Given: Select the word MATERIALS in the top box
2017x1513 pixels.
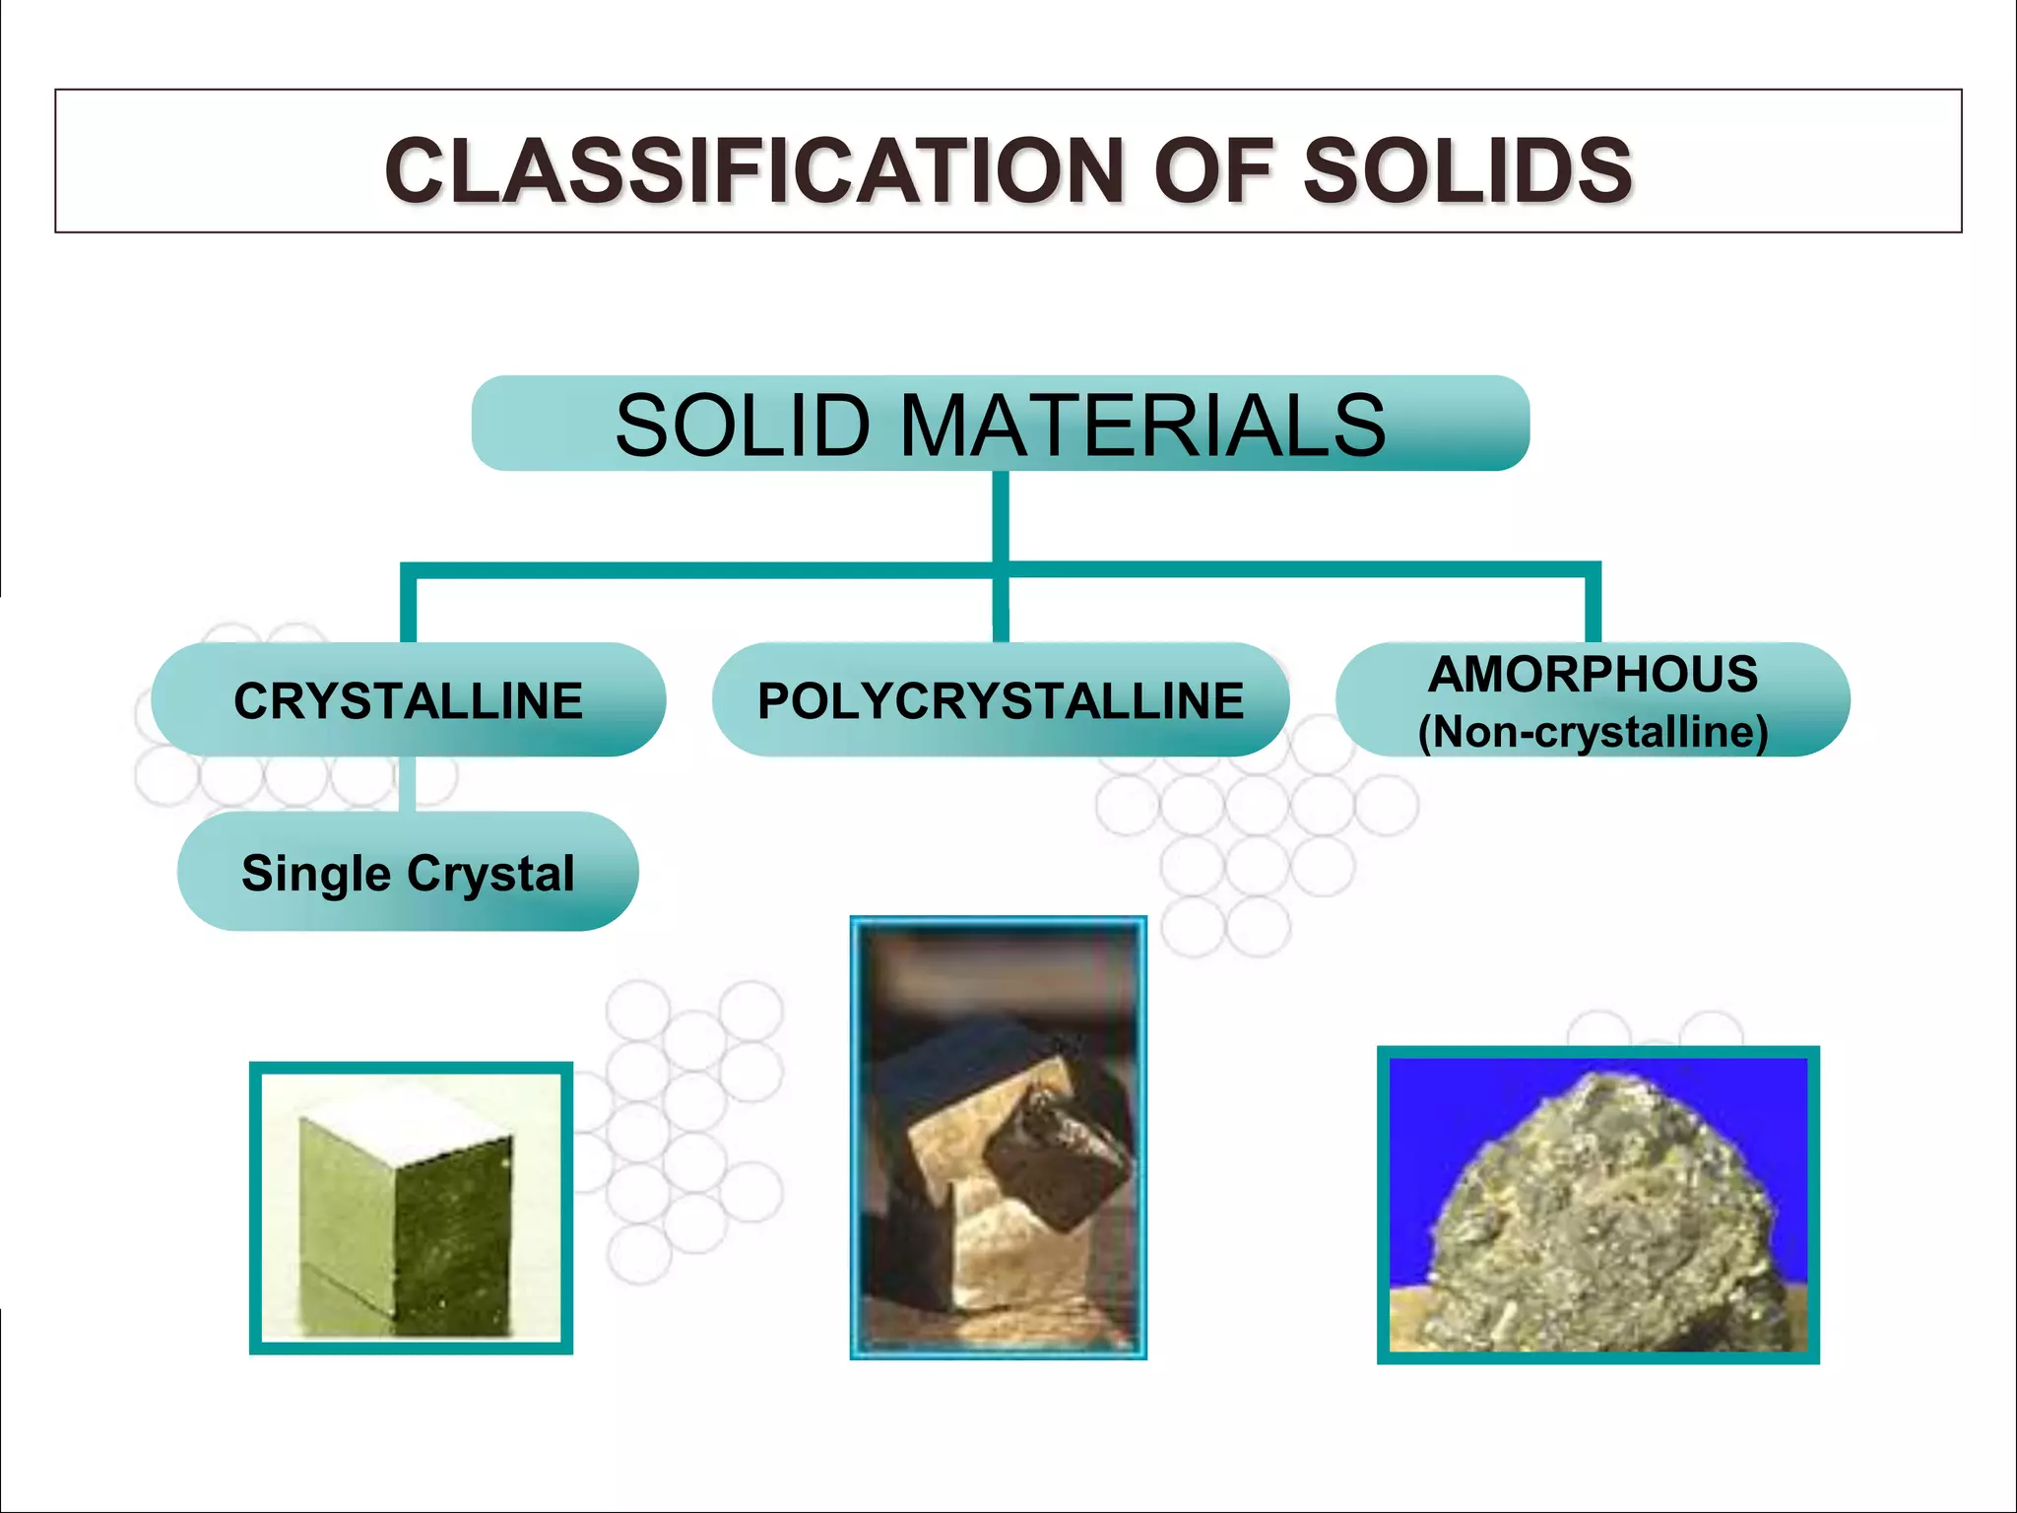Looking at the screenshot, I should pos(1142,426).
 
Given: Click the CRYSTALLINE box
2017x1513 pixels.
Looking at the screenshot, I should pos(409,700).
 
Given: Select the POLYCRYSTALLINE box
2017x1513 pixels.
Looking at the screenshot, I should pos(1001,700).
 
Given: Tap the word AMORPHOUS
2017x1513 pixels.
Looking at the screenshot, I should pos(1593,675).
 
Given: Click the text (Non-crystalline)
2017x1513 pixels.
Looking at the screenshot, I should pos(1593,732).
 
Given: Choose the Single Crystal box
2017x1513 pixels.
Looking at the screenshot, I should pos(408,873).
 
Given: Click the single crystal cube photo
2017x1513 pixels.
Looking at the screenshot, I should pos(411,1208).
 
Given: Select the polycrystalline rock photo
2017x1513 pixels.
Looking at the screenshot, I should pos(999,1138).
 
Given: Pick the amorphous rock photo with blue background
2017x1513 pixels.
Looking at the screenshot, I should pos(1597,1205).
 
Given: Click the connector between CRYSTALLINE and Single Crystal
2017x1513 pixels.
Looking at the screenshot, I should pos(408,784).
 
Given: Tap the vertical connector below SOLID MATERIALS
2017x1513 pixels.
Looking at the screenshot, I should pos(1001,517).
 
